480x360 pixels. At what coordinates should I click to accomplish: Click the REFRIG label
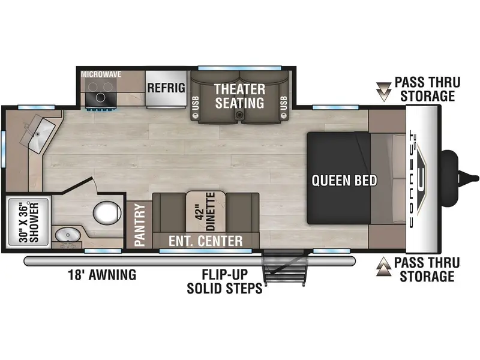pos(166,88)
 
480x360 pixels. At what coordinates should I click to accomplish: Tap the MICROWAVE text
pos(101,74)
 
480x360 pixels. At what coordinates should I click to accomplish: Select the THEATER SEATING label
pos(239,96)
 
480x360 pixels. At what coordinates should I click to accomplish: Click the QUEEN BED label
pos(344,181)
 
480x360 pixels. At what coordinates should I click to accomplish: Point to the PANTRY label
pos(140,225)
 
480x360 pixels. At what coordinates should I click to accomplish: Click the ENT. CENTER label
pos(205,241)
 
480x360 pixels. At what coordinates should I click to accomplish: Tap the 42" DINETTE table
pos(206,212)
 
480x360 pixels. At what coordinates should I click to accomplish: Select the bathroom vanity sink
pos(67,235)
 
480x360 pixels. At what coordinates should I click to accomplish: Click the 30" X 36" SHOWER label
pos(29,222)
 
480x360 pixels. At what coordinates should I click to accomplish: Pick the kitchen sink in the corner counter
pos(38,134)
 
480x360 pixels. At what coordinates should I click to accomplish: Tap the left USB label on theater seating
pos(196,103)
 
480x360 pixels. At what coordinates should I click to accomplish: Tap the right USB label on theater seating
pos(283,103)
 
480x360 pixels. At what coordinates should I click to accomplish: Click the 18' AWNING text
pos(102,275)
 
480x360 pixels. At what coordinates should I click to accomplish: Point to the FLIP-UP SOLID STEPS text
pos(224,281)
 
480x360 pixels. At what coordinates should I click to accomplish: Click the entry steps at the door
pos(284,268)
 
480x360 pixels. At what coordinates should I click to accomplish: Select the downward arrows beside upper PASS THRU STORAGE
pos(383,92)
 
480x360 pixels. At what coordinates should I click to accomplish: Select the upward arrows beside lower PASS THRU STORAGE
pos(383,266)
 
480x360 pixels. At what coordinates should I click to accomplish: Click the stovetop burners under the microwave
pos(101,92)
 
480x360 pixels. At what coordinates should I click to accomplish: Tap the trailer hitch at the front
pos(459,178)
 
